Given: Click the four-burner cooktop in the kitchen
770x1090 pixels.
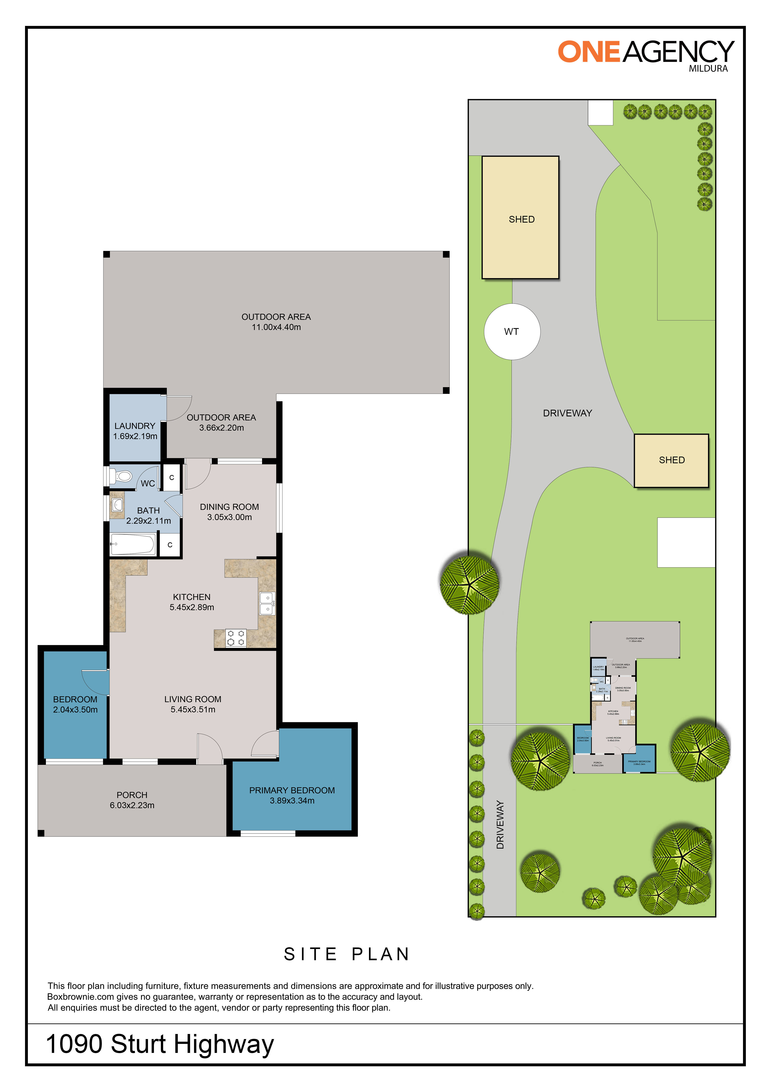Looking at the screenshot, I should [x=236, y=638].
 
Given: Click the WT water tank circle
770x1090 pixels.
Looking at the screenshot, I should [x=512, y=331].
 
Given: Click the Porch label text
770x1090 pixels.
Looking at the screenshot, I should [x=132, y=795].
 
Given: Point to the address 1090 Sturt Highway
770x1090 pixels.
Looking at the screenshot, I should [x=160, y=1044].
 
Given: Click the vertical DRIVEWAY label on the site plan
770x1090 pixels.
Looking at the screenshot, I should [x=500, y=825].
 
